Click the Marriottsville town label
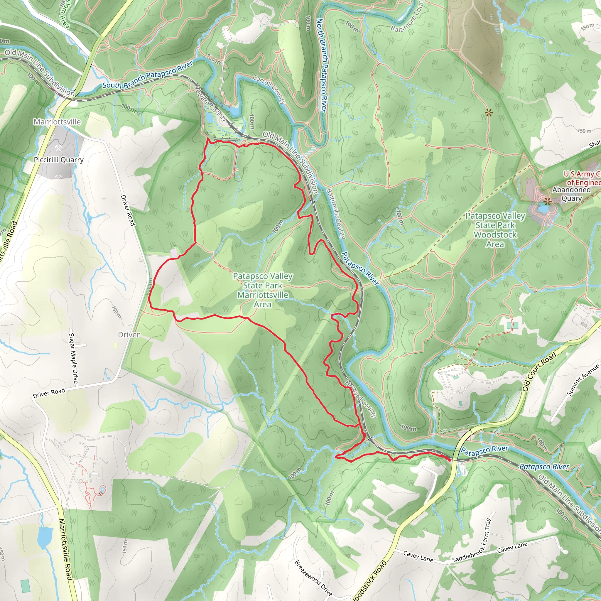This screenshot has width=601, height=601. [57, 121]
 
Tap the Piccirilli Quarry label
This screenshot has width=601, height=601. [59, 160]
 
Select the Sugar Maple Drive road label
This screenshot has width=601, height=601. [73, 358]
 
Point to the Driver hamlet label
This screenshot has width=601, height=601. [129, 335]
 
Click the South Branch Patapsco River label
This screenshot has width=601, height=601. [147, 75]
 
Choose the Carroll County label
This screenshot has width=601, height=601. [269, 89]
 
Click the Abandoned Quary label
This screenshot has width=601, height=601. [571, 194]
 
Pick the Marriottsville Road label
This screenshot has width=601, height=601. [66, 549]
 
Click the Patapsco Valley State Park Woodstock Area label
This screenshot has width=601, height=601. [495, 230]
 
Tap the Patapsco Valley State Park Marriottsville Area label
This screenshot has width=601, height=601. [263, 290]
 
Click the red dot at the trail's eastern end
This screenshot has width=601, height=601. [449, 460]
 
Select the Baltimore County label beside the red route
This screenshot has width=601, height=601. [336, 214]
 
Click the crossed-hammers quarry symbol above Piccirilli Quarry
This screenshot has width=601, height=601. [58, 148]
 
